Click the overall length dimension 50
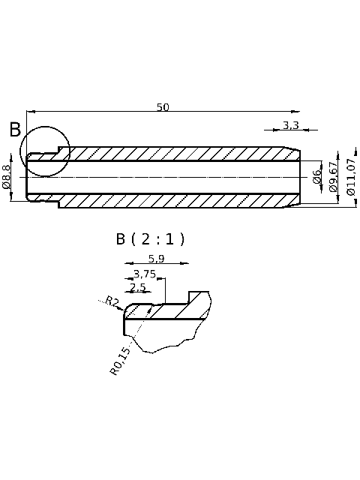pos(163,107)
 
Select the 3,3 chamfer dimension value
pos(291,124)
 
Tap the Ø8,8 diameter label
pos(7,177)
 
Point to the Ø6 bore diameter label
pos(316,177)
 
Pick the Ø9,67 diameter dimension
pos(334,177)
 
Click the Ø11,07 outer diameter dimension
pos(351,177)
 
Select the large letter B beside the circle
pos(15,130)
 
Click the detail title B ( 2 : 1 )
pos(150,239)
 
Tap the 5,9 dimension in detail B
pos(156,259)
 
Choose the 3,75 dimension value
pos(145,274)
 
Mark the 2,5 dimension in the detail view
pos(138,287)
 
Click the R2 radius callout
pos(112,301)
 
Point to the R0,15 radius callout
pos(120,361)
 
